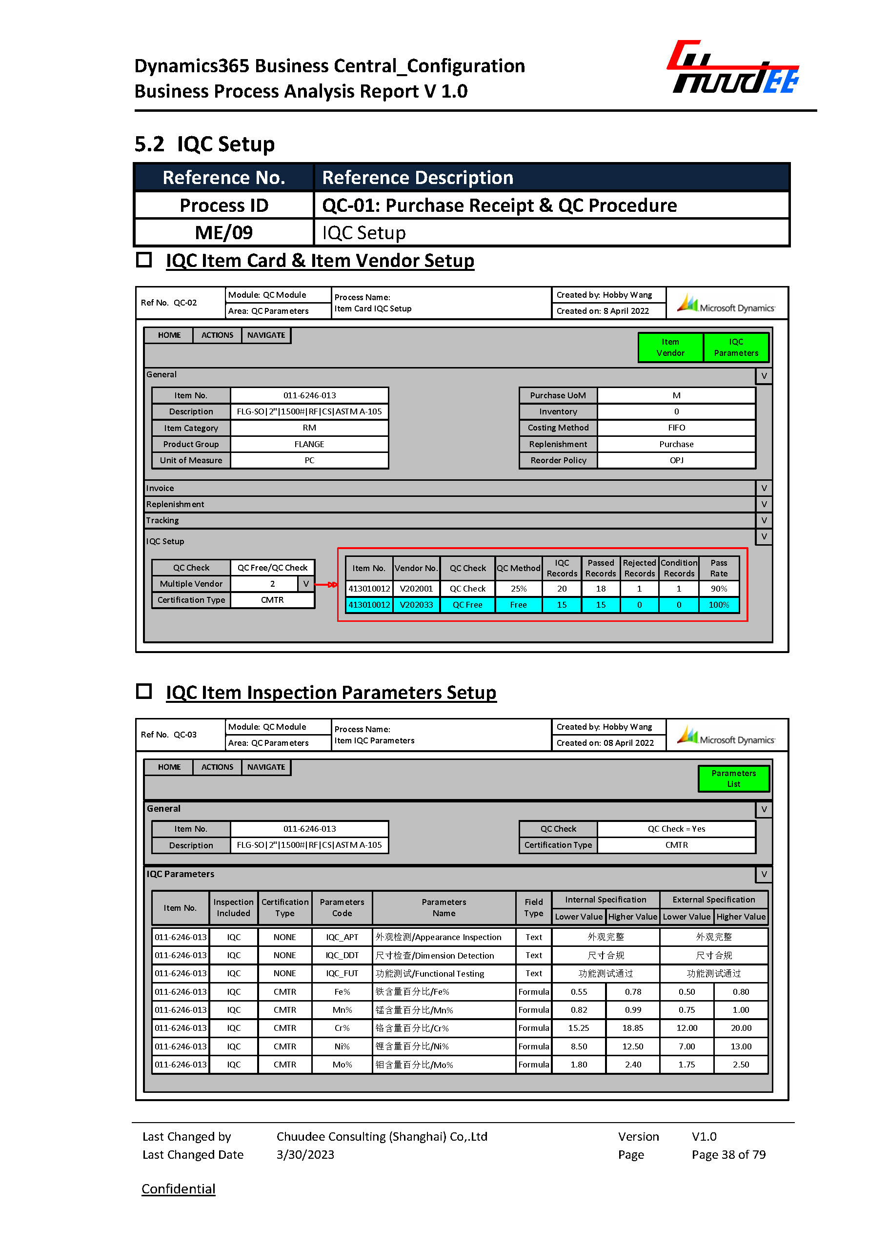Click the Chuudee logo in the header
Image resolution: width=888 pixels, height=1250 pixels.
[733, 68]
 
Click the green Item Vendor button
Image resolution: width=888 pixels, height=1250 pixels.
[670, 348]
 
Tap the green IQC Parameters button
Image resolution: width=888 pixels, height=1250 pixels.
[735, 348]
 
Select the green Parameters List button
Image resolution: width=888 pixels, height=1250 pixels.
[733, 779]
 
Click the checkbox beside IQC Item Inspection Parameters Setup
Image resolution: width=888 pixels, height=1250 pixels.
[144, 691]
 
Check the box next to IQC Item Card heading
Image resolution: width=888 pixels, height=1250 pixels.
[144, 259]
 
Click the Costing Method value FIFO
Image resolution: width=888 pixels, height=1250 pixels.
[676, 428]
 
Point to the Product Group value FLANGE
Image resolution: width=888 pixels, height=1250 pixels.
[309, 444]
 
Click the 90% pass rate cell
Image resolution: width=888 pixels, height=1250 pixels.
[719, 589]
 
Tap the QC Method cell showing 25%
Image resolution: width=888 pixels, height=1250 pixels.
[518, 589]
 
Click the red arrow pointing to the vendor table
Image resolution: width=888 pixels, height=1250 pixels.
[326, 585]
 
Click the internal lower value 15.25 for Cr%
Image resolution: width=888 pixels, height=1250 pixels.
[579, 1028]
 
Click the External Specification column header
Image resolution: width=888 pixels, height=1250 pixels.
[713, 900]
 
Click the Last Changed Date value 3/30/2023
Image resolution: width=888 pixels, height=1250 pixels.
[305, 1154]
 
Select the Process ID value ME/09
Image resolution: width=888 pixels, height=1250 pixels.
[223, 233]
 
